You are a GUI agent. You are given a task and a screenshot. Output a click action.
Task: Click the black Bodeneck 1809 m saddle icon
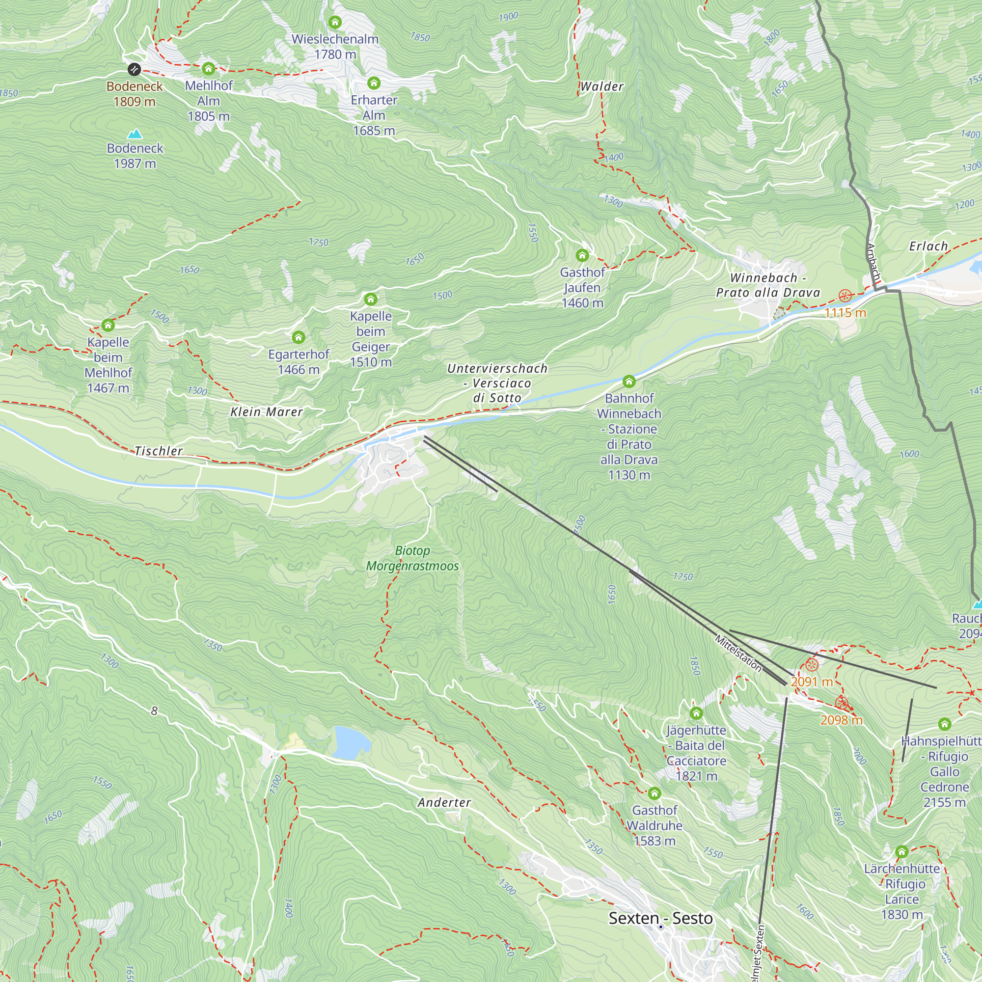pyautogui.click(x=134, y=69)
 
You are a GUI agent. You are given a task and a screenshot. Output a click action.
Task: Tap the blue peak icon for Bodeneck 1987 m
pyautogui.click(x=135, y=134)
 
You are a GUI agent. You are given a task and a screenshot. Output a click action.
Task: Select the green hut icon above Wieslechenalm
pyautogui.click(x=335, y=23)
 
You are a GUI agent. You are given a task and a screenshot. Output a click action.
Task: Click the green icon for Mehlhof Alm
pyautogui.click(x=208, y=69)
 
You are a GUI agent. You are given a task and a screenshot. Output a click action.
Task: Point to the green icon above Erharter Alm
pyautogui.click(x=374, y=83)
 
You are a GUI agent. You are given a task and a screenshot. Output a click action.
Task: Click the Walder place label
pyautogui.click(x=602, y=86)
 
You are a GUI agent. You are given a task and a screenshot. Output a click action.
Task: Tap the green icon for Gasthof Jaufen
pyautogui.click(x=582, y=255)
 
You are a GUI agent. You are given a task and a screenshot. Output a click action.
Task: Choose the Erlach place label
pyautogui.click(x=928, y=246)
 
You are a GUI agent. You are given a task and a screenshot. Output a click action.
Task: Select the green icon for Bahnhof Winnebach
pyautogui.click(x=629, y=381)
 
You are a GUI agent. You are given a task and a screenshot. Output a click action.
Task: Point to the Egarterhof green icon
pyautogui.click(x=299, y=337)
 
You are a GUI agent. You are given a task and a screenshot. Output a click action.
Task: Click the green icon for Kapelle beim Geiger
pyautogui.click(x=371, y=299)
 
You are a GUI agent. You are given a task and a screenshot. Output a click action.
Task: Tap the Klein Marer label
pyautogui.click(x=267, y=412)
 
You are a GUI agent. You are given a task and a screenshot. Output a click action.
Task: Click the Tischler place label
pyautogui.click(x=159, y=451)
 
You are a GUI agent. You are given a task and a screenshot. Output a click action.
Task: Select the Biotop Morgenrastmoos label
pyautogui.click(x=412, y=558)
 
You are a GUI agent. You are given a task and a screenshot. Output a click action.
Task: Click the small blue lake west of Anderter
pyautogui.click(x=351, y=742)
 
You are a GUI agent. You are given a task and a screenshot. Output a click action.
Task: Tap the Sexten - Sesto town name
pyautogui.click(x=660, y=918)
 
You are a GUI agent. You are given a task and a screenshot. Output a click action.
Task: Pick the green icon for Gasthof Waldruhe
pyautogui.click(x=655, y=793)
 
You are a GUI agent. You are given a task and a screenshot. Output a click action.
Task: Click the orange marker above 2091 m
pyautogui.click(x=812, y=664)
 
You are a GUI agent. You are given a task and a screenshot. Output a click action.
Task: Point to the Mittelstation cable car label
pyautogui.click(x=738, y=653)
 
